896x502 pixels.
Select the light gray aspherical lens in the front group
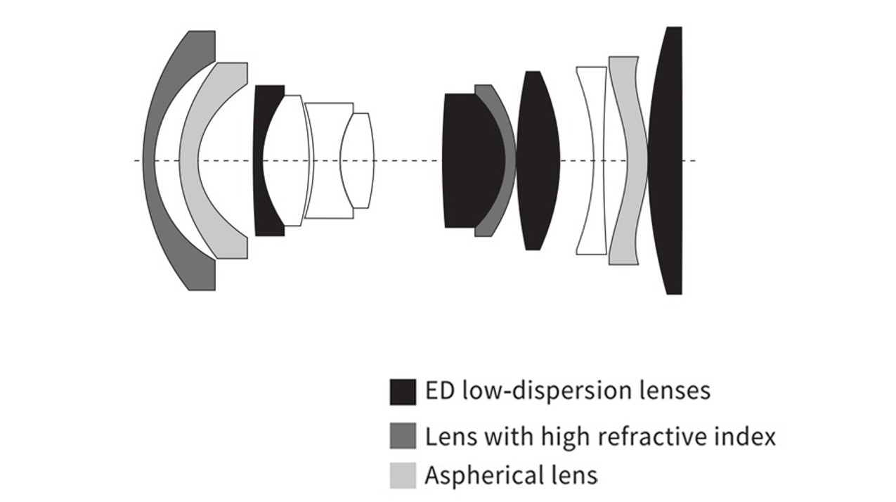[x=188, y=160]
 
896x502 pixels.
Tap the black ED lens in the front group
[x=258, y=160]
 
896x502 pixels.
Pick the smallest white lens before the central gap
[x=357, y=160]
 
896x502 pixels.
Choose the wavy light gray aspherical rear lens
[x=637, y=160]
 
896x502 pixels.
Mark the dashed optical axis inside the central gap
[x=408, y=161]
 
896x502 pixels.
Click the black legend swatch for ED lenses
[x=403, y=392]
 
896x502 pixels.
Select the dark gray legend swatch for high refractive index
[x=403, y=435]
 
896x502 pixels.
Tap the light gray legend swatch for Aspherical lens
[x=403, y=475]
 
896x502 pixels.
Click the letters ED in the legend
[x=440, y=391]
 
